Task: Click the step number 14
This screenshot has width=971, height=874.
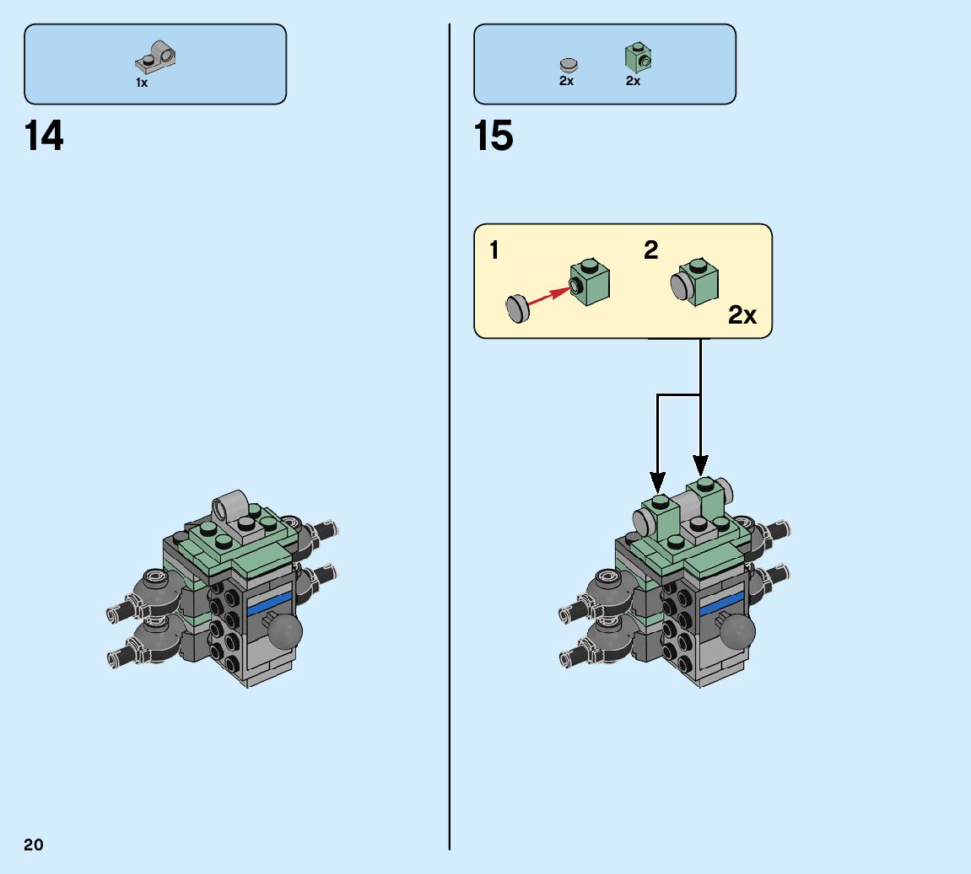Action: (45, 136)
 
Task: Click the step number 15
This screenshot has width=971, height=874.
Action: (494, 136)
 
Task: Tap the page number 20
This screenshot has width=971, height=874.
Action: (33, 845)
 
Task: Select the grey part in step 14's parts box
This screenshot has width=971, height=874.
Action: (156, 57)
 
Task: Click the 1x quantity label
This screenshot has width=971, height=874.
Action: (142, 83)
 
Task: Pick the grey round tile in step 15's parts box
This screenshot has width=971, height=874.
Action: (569, 64)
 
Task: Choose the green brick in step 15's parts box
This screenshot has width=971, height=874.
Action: (638, 57)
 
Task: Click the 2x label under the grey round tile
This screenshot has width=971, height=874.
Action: (566, 82)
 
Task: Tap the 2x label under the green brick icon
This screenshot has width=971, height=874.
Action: (633, 82)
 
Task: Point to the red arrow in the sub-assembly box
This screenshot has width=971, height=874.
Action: (548, 296)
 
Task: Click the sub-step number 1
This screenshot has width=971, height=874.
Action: (494, 250)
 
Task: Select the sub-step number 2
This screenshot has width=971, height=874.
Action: (650, 250)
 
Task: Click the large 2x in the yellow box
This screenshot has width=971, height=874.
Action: (742, 315)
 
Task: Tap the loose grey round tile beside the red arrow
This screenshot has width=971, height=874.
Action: (516, 308)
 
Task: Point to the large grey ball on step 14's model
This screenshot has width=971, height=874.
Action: (284, 631)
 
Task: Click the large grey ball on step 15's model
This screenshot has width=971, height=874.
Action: (736, 631)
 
